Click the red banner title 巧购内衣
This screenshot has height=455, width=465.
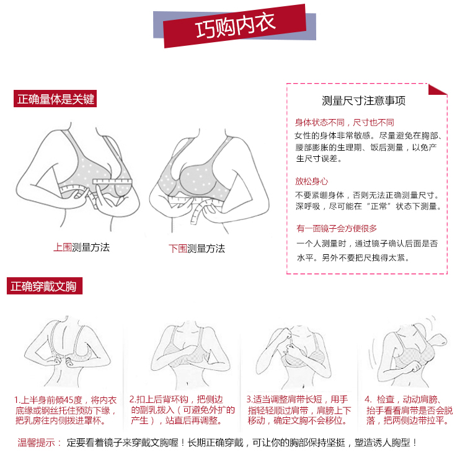(236, 25)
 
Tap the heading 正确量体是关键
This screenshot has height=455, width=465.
(55, 99)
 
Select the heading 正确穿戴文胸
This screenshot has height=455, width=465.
(45, 286)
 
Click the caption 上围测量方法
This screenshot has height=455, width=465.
(82, 247)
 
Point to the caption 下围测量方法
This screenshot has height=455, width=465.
(197, 249)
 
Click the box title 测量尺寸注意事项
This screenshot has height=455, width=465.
(363, 101)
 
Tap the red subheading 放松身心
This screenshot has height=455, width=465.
(311, 181)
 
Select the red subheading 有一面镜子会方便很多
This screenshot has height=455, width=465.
(337, 228)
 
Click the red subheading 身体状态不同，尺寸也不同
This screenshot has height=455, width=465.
(344, 122)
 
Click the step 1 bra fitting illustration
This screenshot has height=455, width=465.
(67, 351)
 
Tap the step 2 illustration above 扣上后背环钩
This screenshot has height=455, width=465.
(190, 355)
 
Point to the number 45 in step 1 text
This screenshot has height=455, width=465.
(69, 400)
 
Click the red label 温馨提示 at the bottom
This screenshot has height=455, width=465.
(37, 443)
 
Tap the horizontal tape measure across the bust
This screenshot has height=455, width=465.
(112, 182)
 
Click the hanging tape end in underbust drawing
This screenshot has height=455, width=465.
(196, 213)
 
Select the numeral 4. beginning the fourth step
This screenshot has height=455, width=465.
(368, 400)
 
